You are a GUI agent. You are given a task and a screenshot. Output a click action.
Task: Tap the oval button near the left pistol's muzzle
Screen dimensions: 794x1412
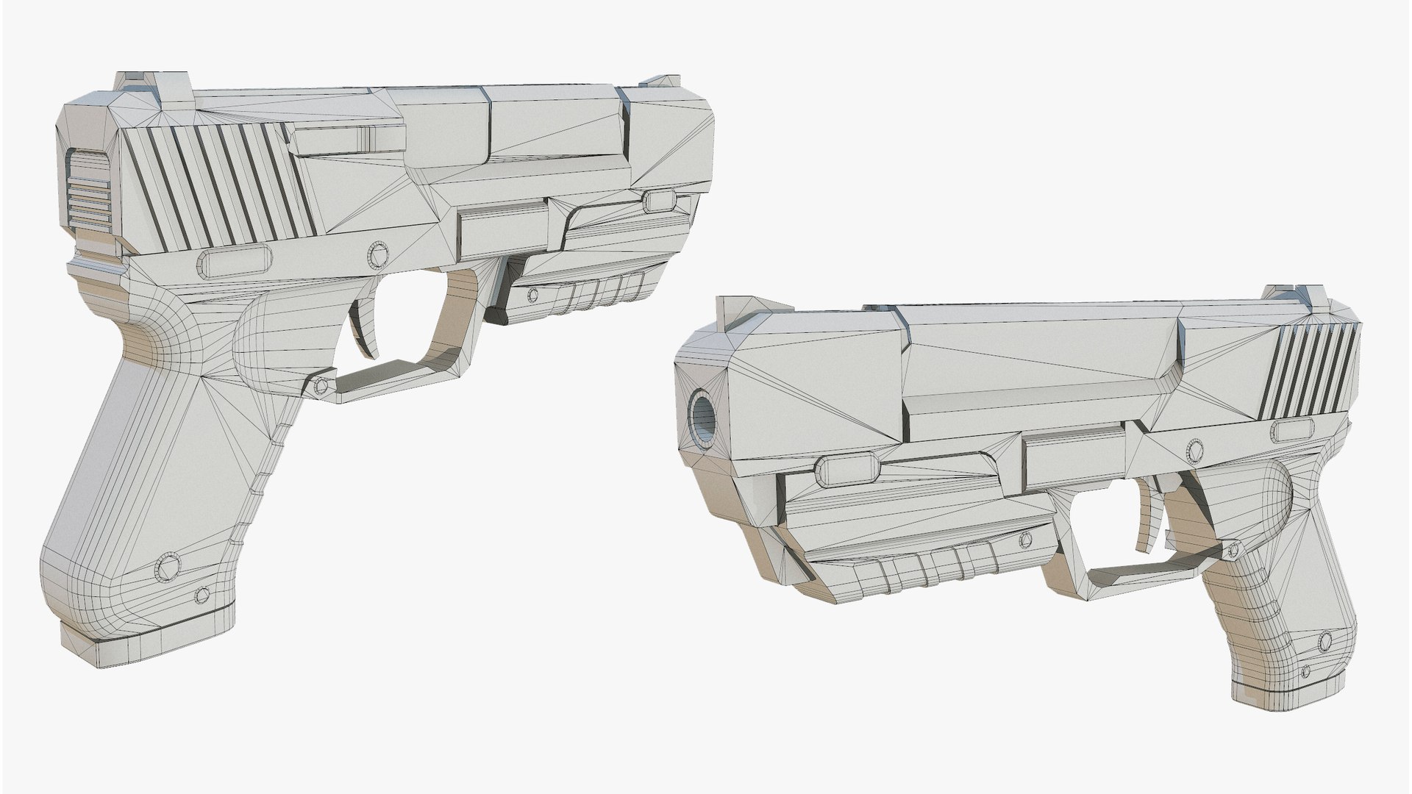tap(660, 199)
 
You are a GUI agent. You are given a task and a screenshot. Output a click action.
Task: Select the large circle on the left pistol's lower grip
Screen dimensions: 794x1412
tap(168, 567)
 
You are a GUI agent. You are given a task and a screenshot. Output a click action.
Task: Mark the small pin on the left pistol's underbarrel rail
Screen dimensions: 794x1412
tap(532, 295)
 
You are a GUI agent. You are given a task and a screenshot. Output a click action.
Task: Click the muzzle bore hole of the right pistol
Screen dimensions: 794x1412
tap(702, 414)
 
